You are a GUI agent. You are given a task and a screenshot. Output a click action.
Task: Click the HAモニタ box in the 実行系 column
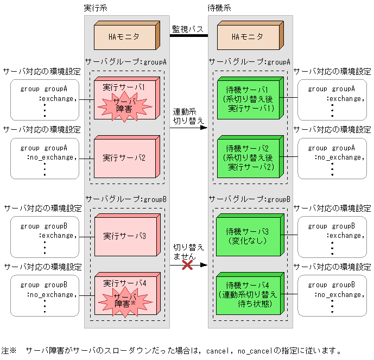coord(124,37)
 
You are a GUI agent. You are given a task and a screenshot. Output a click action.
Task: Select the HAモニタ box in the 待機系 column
coord(248,37)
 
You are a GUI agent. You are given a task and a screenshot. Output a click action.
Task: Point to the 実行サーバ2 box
coord(124,158)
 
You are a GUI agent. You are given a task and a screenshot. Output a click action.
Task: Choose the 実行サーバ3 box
coord(124,236)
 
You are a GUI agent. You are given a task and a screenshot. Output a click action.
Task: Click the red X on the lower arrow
coord(188,265)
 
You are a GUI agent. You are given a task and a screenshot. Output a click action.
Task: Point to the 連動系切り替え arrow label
coord(188,116)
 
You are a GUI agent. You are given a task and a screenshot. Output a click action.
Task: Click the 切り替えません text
coord(188,251)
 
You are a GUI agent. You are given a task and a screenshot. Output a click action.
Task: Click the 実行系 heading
coord(96,8)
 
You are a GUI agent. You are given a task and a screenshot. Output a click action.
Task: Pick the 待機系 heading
coord(220,8)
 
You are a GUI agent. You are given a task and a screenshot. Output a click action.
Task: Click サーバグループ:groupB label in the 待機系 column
coord(250,199)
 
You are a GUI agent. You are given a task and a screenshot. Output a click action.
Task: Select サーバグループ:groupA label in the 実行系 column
coord(126,62)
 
